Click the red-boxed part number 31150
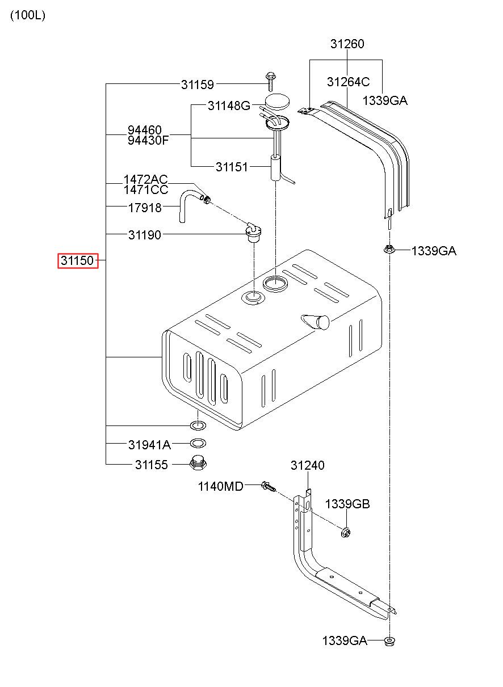pos(77,260)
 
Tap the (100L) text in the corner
pos(28,15)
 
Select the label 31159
pos(198,85)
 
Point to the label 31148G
pos(229,106)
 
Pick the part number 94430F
pos(148,141)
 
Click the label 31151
pos(232,167)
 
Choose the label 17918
pos(145,208)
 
